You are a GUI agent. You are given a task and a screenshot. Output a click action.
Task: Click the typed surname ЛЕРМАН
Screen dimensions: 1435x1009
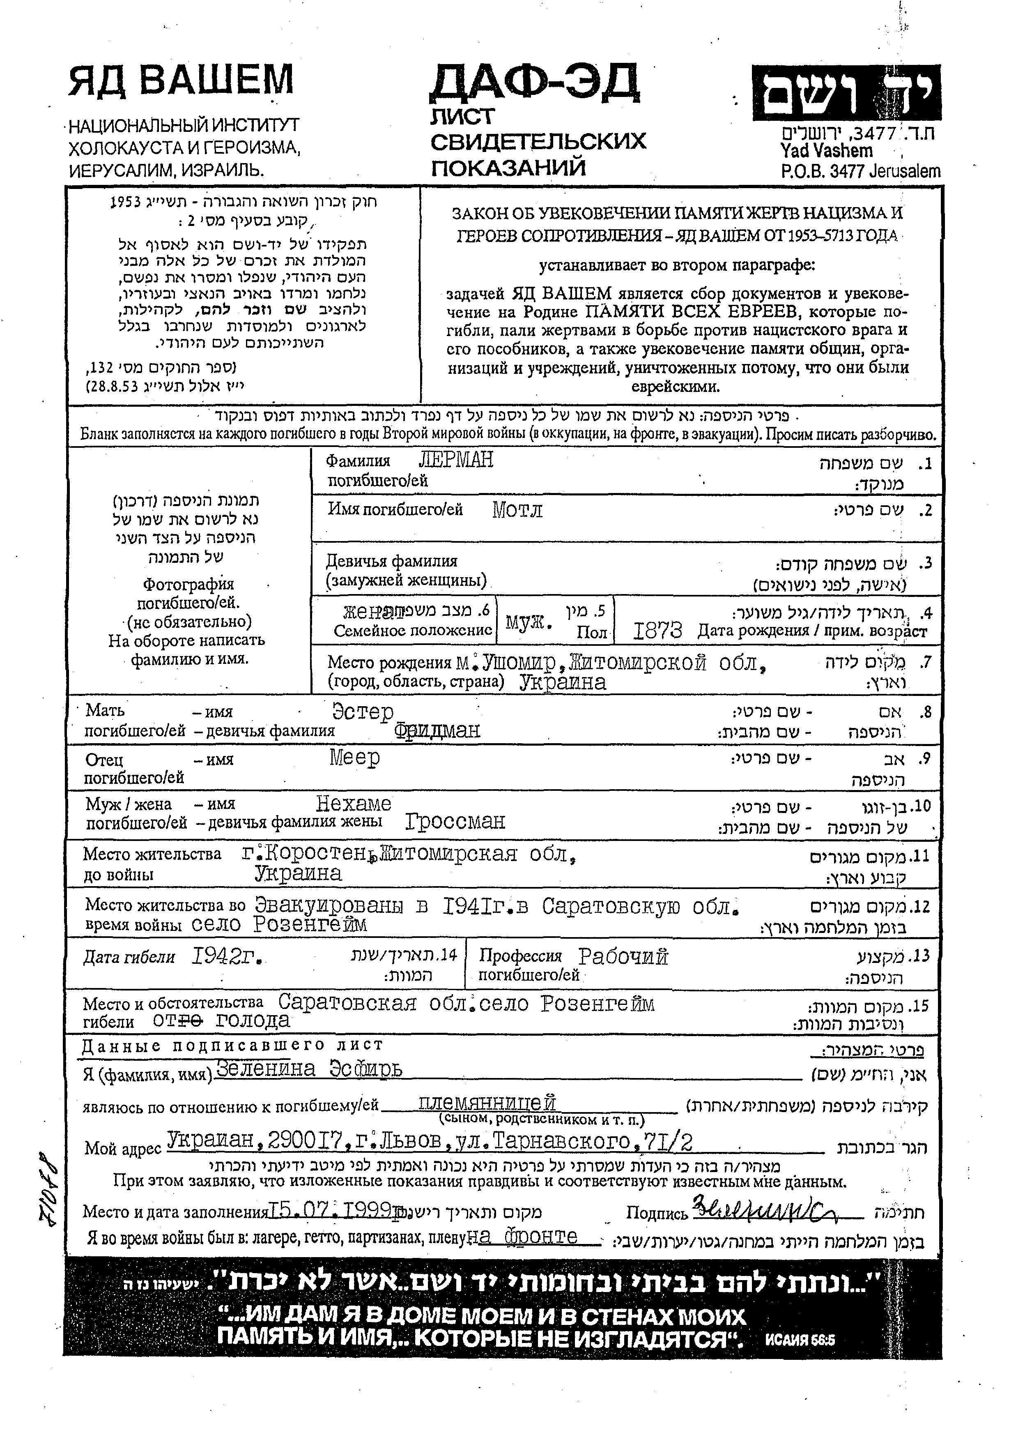click(455, 460)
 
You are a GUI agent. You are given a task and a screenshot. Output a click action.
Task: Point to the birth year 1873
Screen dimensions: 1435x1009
click(657, 631)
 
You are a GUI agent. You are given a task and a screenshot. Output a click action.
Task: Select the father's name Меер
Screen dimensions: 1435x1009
click(354, 758)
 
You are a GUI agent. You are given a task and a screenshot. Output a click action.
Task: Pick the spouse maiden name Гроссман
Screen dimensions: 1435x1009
click(455, 821)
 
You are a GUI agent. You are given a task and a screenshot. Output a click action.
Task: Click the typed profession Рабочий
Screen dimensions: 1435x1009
click(623, 956)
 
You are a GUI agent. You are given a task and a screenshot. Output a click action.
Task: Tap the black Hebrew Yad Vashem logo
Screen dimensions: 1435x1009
click(846, 92)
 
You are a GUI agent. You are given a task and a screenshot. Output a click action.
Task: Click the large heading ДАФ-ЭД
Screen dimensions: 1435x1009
click(534, 83)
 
